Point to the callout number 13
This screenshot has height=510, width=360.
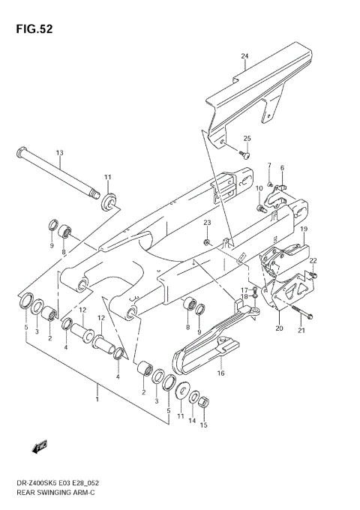click(x=59, y=152)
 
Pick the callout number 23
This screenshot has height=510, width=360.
click(x=207, y=223)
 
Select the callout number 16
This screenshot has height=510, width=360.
click(x=221, y=373)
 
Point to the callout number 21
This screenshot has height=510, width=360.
click(x=301, y=331)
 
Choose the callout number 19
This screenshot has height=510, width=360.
click(x=304, y=229)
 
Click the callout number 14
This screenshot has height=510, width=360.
click(x=193, y=421)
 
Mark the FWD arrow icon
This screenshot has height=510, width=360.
click(x=40, y=448)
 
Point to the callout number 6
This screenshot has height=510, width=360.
click(x=282, y=168)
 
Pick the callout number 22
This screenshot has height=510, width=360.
click(x=313, y=260)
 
